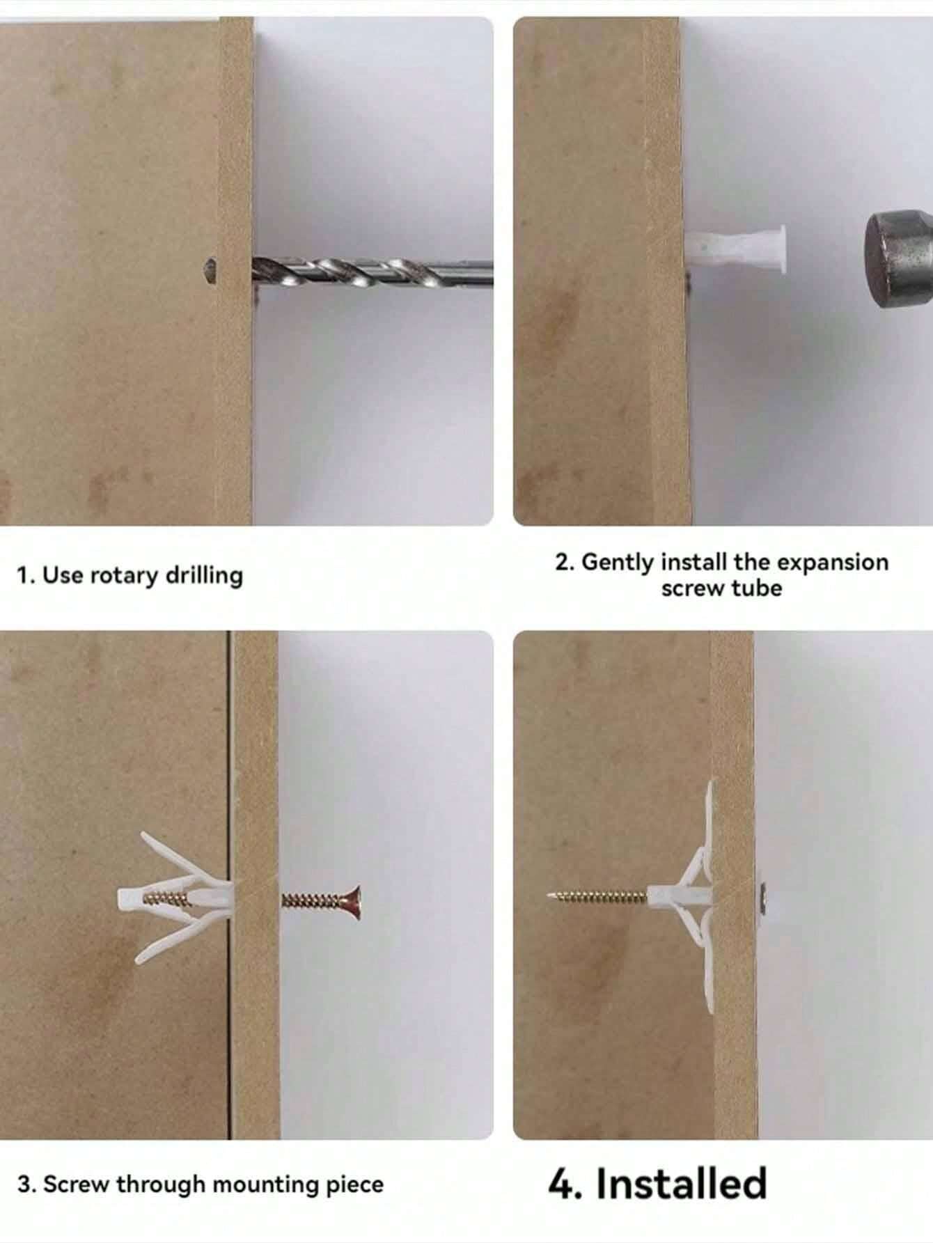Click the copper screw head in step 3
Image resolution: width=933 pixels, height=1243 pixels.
(353, 902)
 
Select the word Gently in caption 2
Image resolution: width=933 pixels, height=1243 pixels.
(617, 562)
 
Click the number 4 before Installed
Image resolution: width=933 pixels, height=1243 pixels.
(563, 1184)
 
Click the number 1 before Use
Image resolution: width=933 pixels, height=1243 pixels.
(24, 576)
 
